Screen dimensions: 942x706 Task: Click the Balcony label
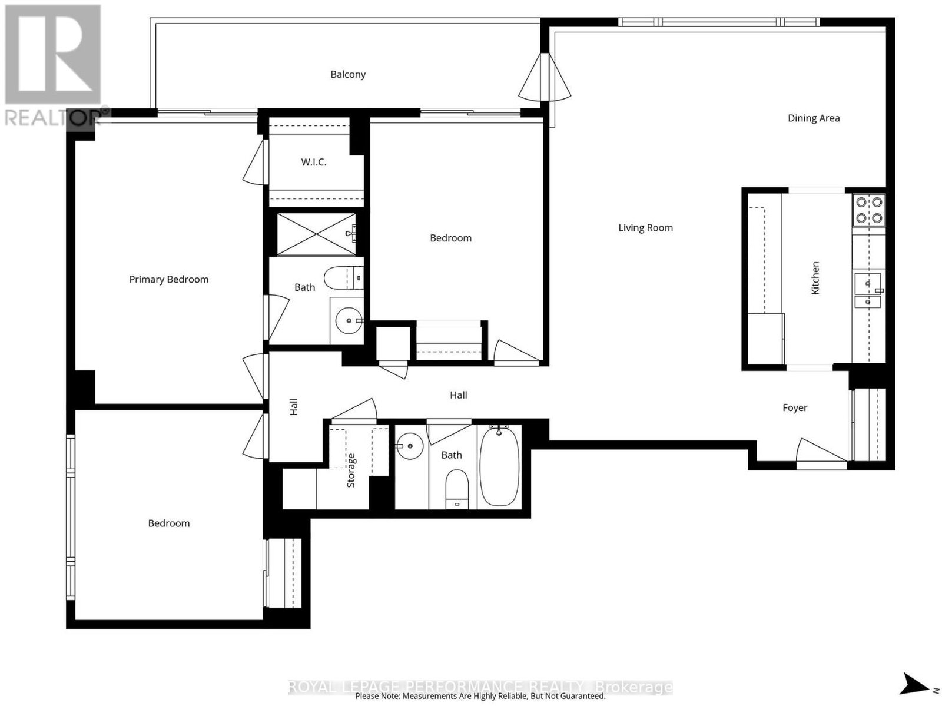pos(347,75)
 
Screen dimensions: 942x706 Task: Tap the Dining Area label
pos(813,118)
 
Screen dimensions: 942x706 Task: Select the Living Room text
pos(645,228)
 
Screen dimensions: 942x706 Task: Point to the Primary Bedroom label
pos(168,279)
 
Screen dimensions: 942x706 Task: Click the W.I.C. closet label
pos(313,163)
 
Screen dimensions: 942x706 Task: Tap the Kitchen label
pos(815,278)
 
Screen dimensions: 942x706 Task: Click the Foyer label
pos(794,407)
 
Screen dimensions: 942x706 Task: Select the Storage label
pos(351,470)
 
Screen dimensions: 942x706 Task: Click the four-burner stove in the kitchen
pos(868,210)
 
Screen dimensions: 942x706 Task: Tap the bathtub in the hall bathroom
pos(499,466)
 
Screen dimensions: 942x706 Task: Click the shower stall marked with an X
pos(316,234)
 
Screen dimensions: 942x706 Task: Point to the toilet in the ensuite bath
pos(344,278)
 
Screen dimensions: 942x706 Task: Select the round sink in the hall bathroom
pos(409,446)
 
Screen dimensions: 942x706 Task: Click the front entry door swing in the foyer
pos(821,451)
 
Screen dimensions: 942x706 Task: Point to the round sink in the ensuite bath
pos(349,320)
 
